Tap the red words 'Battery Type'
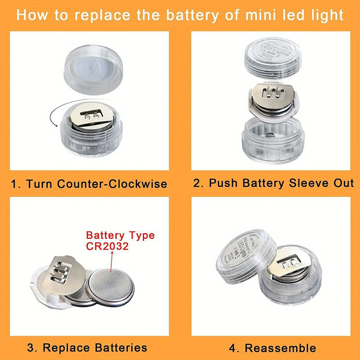pos(120,235)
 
